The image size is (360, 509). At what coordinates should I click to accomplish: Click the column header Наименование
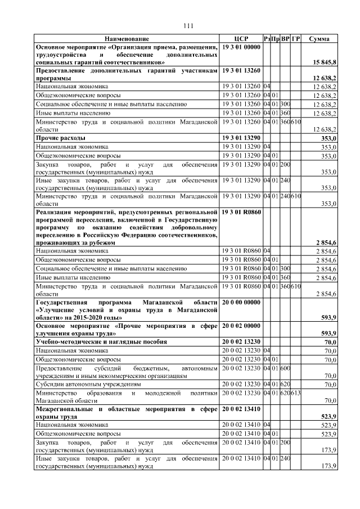127,39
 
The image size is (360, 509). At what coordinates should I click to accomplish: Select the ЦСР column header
241,39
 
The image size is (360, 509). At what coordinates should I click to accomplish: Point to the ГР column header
296,39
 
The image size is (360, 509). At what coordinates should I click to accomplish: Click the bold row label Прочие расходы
61,138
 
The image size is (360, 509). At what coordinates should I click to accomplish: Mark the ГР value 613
296,392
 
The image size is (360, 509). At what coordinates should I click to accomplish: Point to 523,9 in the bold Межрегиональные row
327,417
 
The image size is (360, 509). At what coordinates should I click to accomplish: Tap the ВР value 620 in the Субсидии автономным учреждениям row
285,384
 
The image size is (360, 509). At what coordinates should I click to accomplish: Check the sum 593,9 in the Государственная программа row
327,318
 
